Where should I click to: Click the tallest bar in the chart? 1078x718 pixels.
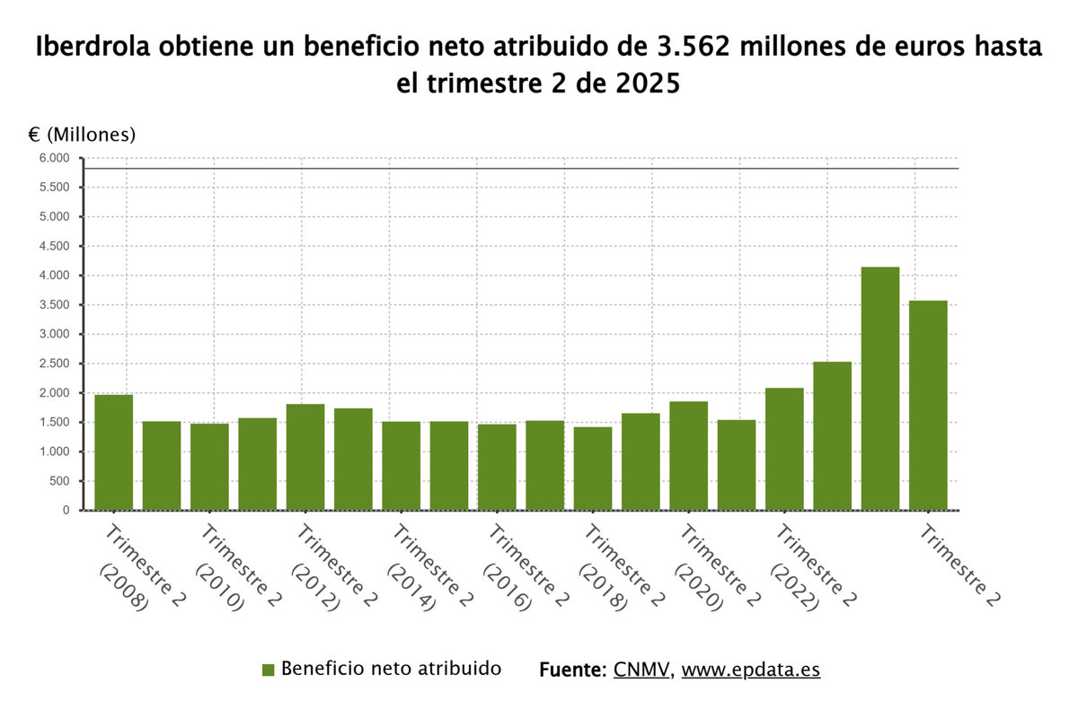point(880,388)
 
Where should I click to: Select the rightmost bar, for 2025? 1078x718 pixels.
point(928,405)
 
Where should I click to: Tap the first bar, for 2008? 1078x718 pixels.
point(113,452)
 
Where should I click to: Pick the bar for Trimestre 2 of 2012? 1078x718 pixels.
point(305,457)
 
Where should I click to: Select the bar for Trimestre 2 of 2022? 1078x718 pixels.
point(784,449)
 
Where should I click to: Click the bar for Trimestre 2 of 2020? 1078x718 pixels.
point(688,455)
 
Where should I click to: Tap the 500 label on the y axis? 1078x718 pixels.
point(59,481)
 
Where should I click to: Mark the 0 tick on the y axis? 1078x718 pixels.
point(66,510)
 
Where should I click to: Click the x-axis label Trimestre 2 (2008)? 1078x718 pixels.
point(135,569)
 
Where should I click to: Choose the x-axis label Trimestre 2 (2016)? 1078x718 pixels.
point(518,569)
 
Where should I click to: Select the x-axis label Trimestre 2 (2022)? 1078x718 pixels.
point(806,569)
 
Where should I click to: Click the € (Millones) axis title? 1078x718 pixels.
point(82,135)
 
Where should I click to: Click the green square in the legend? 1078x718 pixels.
point(268,670)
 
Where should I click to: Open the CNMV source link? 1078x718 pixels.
point(642,670)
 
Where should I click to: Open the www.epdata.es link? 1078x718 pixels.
point(751,670)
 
